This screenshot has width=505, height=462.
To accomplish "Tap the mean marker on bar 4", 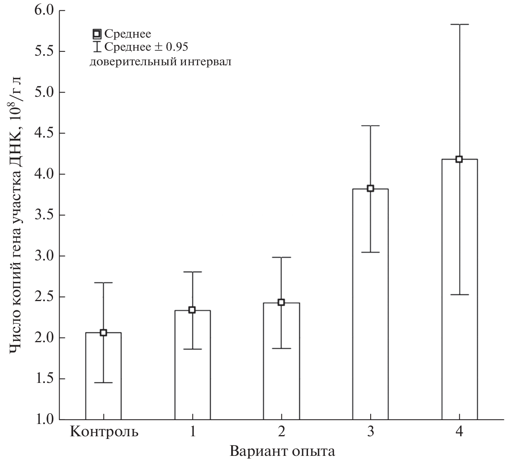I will (459, 159).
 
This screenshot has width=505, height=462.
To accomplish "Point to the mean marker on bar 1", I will (192, 310).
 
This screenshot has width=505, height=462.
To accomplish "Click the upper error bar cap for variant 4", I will (459, 24).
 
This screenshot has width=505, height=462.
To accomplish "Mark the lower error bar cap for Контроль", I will (103, 383).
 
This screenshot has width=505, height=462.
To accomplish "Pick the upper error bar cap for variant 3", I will (370, 126).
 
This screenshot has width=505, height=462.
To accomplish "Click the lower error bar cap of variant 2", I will (281, 348).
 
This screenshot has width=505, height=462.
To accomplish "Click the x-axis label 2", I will (281, 432).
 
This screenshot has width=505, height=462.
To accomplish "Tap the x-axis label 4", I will (459, 432).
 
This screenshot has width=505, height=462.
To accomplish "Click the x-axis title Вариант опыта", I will (282, 451).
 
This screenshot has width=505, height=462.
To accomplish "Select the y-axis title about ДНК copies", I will (16, 215).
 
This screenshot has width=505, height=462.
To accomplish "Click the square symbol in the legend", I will (97, 35).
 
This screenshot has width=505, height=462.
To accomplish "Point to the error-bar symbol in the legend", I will (97, 46).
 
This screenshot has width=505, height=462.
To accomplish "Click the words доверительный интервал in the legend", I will (161, 61).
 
